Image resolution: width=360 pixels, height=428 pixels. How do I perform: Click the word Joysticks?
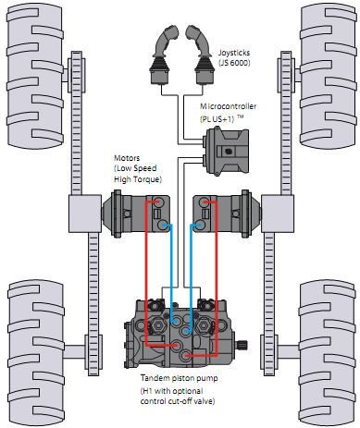click(x=234, y=53)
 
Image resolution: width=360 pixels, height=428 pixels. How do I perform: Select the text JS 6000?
click(x=234, y=63)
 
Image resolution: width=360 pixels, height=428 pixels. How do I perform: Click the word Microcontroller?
click(x=229, y=106)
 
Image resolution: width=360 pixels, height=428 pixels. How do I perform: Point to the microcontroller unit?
click(x=227, y=151)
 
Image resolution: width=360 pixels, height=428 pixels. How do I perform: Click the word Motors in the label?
click(x=127, y=158)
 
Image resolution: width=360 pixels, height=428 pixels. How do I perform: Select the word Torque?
click(x=147, y=179)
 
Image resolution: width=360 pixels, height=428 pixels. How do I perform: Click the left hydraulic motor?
click(x=136, y=214)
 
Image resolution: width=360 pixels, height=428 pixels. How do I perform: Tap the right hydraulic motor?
click(x=227, y=214)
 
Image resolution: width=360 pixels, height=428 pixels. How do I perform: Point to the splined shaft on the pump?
click(x=242, y=345)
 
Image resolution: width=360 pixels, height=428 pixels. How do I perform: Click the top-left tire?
click(x=34, y=77)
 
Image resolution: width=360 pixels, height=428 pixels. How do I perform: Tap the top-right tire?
click(x=328, y=77)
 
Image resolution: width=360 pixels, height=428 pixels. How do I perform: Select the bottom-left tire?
click(x=35, y=353)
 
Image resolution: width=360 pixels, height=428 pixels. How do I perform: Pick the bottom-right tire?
click(x=327, y=353)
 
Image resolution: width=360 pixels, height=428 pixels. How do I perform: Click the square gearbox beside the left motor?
click(x=85, y=214)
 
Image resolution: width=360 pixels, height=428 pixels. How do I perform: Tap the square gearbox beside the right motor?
click(x=278, y=214)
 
